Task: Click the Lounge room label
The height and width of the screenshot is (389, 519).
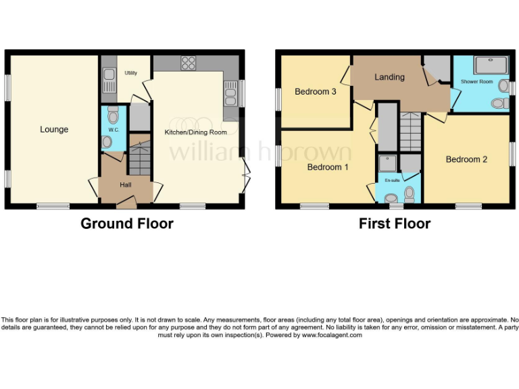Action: [x=54, y=130]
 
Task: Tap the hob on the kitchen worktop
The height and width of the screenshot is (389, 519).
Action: [x=189, y=63]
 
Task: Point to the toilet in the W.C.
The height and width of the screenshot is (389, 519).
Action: [x=112, y=115]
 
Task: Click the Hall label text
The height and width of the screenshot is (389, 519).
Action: [x=126, y=185]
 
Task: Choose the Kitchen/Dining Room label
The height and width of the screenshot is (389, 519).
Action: [x=196, y=132]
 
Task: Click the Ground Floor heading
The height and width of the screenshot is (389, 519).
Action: [x=127, y=224]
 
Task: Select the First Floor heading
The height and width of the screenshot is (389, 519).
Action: [x=395, y=224]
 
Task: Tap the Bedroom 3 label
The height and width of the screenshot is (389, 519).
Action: [x=316, y=92]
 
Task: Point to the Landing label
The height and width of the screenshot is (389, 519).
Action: [x=390, y=77]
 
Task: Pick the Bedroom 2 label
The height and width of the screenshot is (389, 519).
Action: [x=466, y=160]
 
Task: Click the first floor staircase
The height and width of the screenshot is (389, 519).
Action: [x=410, y=131]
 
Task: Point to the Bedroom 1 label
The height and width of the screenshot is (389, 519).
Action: [x=328, y=167]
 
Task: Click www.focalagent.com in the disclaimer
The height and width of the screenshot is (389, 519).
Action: [x=332, y=335]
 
